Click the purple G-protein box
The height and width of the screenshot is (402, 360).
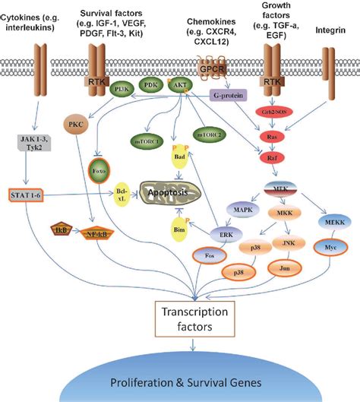(226, 97)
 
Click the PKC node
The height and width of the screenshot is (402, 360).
(75, 122)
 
